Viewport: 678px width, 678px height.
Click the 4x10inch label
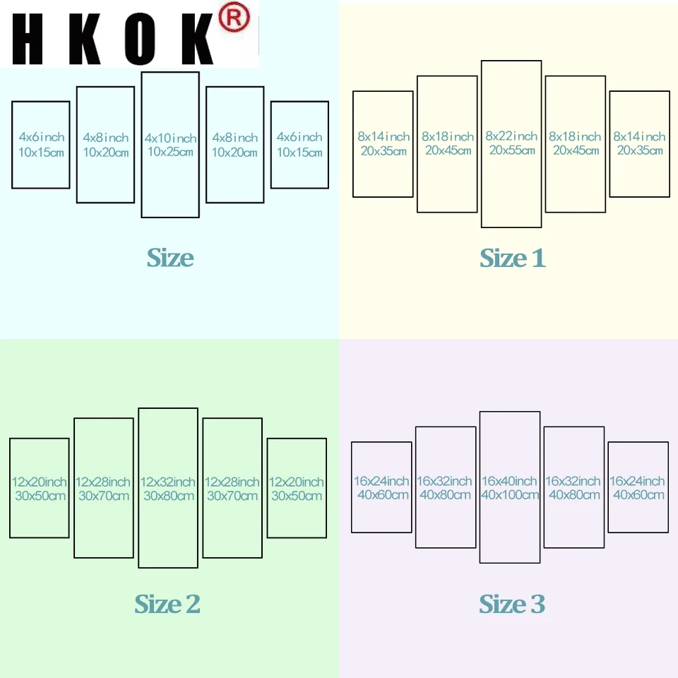170,138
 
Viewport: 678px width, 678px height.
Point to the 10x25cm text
170,152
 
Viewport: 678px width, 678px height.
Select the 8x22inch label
511,136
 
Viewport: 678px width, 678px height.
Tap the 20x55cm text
511,150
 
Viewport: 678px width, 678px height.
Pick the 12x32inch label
168,482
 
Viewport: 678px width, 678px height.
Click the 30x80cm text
168,496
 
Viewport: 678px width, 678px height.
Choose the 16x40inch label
510,481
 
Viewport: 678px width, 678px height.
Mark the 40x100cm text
510,495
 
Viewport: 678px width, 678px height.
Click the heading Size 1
513,258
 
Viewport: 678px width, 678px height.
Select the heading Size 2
167,605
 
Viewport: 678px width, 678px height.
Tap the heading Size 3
512,605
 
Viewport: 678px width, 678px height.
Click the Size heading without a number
170,258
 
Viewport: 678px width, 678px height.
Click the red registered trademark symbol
234,19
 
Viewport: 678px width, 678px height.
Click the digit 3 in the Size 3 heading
537,605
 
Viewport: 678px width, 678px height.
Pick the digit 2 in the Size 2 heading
192,605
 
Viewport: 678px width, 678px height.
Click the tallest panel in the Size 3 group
510,537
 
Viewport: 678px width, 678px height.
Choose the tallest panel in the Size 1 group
511,198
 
